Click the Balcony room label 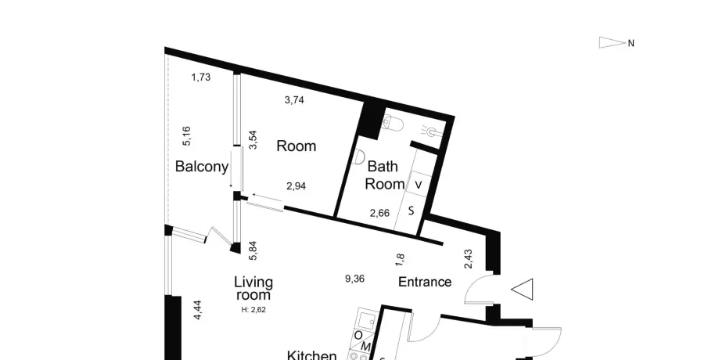(x=201, y=167)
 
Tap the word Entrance (x=425, y=282)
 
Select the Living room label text (x=253, y=289)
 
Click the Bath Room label (x=384, y=175)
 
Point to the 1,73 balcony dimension (x=200, y=77)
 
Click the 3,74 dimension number (x=294, y=100)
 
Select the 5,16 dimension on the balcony (x=186, y=136)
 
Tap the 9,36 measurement (x=354, y=279)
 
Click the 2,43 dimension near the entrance (x=469, y=259)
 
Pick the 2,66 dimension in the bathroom (x=379, y=213)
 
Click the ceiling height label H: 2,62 (x=253, y=310)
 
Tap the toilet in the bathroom (x=392, y=122)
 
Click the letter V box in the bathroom (x=419, y=185)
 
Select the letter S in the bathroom (x=411, y=211)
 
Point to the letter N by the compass (x=631, y=43)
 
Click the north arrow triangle (x=613, y=42)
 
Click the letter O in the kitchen (x=358, y=335)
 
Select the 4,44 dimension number (x=197, y=311)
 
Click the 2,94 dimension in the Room (x=296, y=186)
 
